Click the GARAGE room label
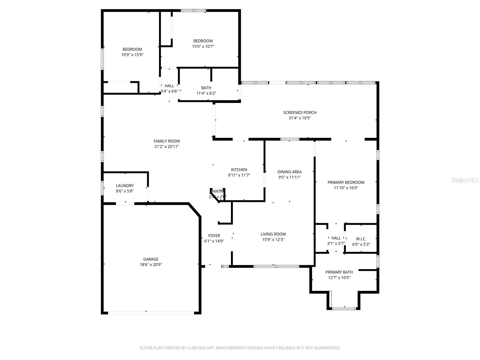(151, 259)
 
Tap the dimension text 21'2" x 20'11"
(166, 147)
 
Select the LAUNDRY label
(125, 186)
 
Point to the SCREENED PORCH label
(300, 112)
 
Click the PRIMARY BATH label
(339, 272)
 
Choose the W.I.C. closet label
(361, 239)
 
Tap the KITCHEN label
(239, 170)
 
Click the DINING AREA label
(289, 172)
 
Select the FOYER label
(214, 236)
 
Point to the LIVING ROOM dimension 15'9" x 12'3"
(273, 240)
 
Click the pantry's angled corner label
(217, 191)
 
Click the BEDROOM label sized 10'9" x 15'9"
(132, 49)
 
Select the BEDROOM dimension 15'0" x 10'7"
(203, 46)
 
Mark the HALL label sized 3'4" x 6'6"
(169, 86)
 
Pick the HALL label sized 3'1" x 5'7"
(336, 238)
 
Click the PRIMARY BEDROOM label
(346, 182)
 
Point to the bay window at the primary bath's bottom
(344, 308)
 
